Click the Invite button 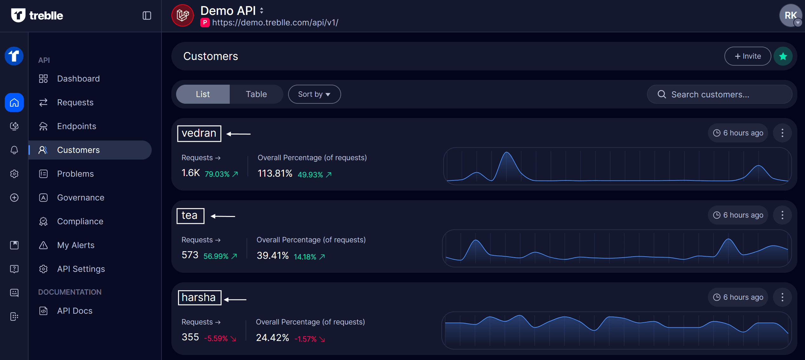tap(747, 56)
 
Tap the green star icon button tap(783, 56)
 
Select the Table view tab tap(256, 94)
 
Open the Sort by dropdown tap(314, 94)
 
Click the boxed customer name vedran tap(199, 133)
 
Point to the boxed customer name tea tap(190, 215)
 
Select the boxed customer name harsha tap(199, 298)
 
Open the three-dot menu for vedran tap(782, 133)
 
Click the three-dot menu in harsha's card tap(782, 297)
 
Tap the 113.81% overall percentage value tap(275, 173)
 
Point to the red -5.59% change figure tap(216, 338)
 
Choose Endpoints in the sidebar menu tap(76, 126)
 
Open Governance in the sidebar tap(80, 198)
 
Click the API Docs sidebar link tap(75, 311)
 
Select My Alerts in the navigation tap(76, 245)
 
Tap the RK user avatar tap(790, 15)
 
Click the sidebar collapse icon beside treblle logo tap(147, 16)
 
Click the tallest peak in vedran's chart tap(507, 154)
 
